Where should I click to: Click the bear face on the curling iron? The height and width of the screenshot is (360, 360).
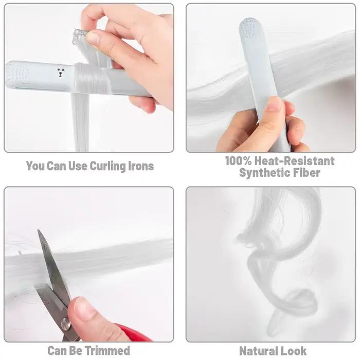61,72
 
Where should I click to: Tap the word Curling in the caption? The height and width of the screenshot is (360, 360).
107,166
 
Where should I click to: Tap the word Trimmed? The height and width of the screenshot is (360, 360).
107,351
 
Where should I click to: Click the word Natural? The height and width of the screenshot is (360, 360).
259,351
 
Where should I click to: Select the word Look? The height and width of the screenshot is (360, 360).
294,351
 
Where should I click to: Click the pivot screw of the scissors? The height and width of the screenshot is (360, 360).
66,325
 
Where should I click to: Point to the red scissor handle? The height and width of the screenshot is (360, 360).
133,333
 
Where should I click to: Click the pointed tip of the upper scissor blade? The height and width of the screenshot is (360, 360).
38,230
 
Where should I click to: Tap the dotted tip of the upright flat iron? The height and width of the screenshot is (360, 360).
249,28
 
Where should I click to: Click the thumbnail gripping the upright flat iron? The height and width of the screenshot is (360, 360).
274,104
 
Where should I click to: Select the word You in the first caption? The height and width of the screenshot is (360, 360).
35,166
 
